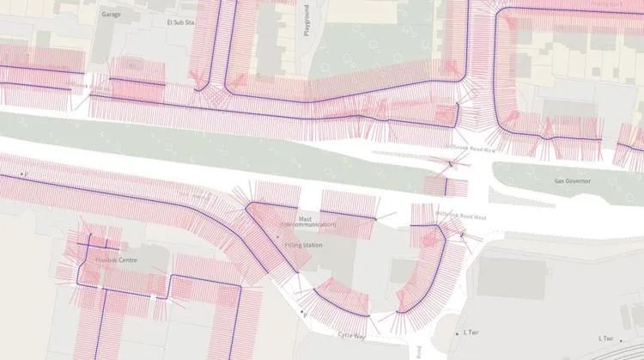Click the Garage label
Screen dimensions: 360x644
pos(111,15)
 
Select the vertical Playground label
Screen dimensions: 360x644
pos(307,20)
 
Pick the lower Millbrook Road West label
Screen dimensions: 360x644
pos(461,217)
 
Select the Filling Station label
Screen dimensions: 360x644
pos(303,246)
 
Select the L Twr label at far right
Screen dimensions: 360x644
pos(606,339)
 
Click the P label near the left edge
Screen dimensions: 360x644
pos(27,174)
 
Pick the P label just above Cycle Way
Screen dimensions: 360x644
pos(305,315)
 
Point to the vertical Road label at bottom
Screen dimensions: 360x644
pos(418,352)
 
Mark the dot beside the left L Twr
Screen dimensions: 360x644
pos(458,333)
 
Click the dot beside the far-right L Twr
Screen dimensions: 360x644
pos(621,341)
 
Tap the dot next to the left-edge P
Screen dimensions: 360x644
pos(21,174)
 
